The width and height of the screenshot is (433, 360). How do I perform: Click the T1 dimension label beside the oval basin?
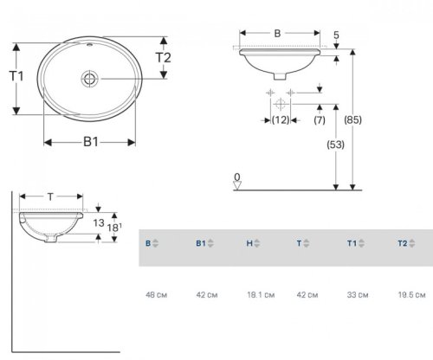[x=15, y=76]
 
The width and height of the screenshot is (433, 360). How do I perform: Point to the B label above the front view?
[x=276, y=33]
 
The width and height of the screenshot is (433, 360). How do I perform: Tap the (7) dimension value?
[x=320, y=119]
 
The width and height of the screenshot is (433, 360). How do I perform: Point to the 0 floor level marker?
[x=236, y=178]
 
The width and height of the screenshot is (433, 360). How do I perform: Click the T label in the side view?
[x=50, y=197]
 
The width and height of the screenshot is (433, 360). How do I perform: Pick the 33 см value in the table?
[x=356, y=295]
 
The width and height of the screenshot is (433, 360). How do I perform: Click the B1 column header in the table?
[x=203, y=245]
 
